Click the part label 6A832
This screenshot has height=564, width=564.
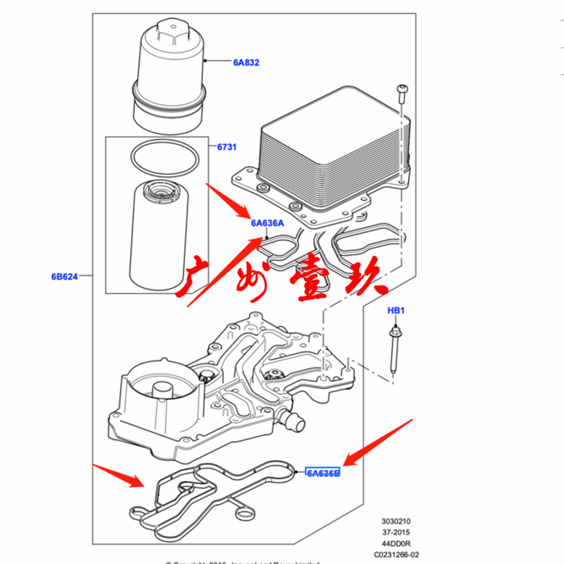point(246,63)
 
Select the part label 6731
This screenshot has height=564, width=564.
point(226,147)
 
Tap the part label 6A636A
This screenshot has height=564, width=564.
point(267,223)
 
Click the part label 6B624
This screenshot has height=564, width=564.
point(64,277)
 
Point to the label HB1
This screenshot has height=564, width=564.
point(396,311)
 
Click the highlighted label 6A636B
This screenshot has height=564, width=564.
point(323,473)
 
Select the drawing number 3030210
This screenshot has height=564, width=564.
point(396,521)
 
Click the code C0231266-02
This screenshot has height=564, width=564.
point(396,555)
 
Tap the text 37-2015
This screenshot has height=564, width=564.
point(396,532)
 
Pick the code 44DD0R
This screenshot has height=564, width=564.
point(396,544)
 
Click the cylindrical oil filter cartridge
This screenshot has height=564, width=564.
point(159,237)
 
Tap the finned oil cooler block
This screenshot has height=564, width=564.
point(333,147)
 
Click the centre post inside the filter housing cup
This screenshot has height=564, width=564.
point(162,392)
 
